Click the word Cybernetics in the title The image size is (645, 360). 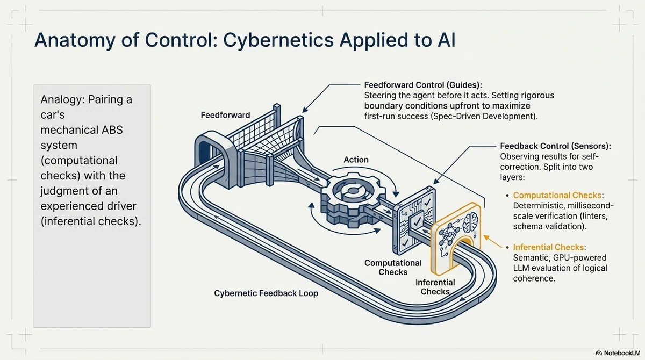pyautogui.click(x=278, y=40)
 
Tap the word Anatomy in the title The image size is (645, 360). pyautogui.click(x=75, y=41)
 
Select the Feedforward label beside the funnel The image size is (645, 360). pyautogui.click(x=225, y=115)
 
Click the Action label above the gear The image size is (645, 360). pyautogui.click(x=356, y=160)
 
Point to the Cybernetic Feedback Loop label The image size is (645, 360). pyautogui.click(x=266, y=293)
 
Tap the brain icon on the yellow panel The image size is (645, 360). pyautogui.click(x=470, y=221)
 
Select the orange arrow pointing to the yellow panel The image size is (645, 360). pyautogui.click(x=493, y=241)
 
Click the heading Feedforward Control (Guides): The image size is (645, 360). pyautogui.click(x=423, y=85)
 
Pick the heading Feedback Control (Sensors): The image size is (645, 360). pyautogui.click(x=555, y=146)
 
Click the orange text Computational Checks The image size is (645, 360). pyautogui.click(x=557, y=195)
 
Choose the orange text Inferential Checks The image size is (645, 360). pyautogui.click(x=548, y=247)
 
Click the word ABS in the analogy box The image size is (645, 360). pyautogui.click(x=112, y=130)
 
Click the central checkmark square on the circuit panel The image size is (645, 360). pyautogui.click(x=417, y=221)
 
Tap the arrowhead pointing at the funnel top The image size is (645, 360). pyautogui.click(x=304, y=110)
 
